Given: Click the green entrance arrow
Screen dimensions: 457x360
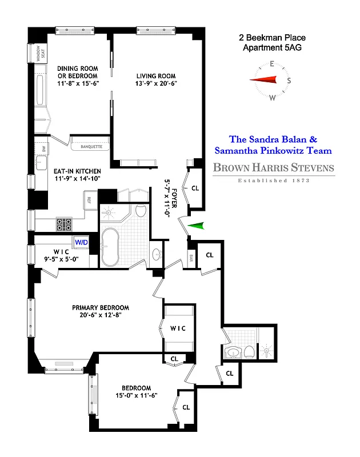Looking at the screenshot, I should (x=195, y=226).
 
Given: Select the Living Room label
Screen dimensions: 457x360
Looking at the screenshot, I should (x=155, y=76).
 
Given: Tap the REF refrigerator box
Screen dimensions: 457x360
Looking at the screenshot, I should (x=89, y=200).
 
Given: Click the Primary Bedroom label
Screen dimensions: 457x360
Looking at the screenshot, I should (x=101, y=307).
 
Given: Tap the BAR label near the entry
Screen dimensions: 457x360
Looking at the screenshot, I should (x=191, y=258).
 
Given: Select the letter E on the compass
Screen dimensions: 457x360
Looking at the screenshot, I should (x=273, y=64).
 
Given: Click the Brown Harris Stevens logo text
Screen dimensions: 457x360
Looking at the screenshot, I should (x=273, y=168).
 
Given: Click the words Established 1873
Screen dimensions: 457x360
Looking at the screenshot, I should (x=273, y=181).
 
